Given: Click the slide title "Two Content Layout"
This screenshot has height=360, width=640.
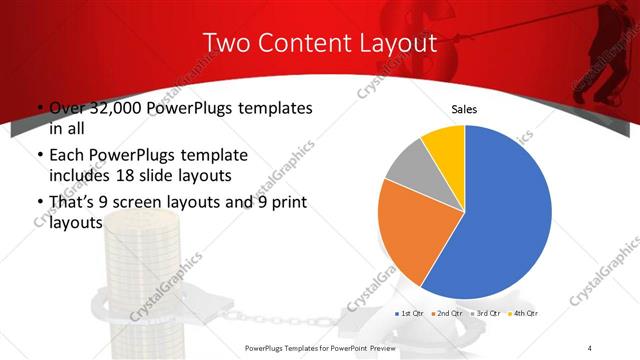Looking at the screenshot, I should (x=320, y=44).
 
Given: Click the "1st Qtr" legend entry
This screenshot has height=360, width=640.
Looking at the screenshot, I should (x=411, y=314).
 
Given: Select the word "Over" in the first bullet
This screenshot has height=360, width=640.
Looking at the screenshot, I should (x=66, y=108).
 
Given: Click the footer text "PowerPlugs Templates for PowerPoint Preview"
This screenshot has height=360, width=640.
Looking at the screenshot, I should (x=329, y=347).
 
